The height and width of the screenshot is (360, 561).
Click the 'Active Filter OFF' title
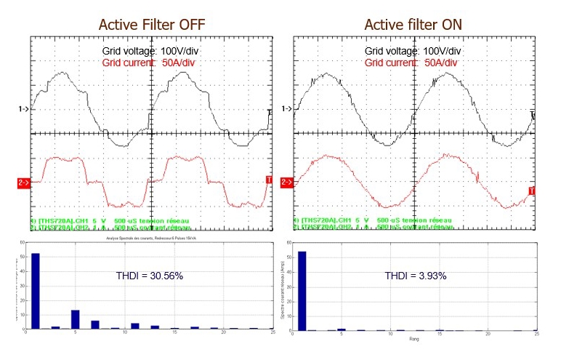pyautogui.click(x=152, y=25)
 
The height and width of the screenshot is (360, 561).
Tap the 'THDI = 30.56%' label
pyautogui.click(x=150, y=276)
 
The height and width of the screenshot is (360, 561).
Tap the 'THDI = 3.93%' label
pyautogui.click(x=415, y=276)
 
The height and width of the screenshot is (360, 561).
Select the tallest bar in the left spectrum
pyautogui.click(x=35, y=291)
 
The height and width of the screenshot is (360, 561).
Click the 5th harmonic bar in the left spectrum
pyautogui.click(x=75, y=319)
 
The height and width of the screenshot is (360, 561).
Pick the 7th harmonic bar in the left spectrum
pyautogui.click(x=94, y=324)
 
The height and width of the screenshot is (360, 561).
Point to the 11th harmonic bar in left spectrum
pyautogui.click(x=134, y=326)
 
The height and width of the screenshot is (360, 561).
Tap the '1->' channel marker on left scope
pyautogui.click(x=23, y=109)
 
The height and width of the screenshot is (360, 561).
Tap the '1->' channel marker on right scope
pyautogui.click(x=288, y=109)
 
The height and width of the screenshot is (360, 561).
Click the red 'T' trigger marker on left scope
pyautogui.click(x=270, y=180)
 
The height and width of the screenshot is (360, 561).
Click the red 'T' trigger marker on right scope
pyautogui.click(x=532, y=191)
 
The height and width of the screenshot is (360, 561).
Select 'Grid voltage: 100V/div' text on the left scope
pyautogui.click(x=150, y=52)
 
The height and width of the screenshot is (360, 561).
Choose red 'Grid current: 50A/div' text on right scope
pyautogui.click(x=411, y=63)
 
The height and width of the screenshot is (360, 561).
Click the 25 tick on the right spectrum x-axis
pyautogui.click(x=536, y=334)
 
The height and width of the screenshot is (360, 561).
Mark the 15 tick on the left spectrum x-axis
pyautogui.click(x=174, y=334)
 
